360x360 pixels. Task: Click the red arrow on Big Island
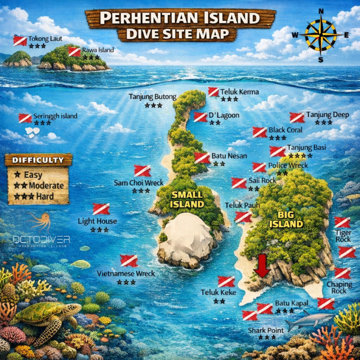click(262, 266)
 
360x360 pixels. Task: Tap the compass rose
click(321, 35)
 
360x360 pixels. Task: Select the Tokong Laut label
click(44, 38)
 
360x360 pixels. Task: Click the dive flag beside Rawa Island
click(74, 51)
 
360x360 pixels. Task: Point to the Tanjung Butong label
click(153, 97)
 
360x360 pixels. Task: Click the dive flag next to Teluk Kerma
click(213, 92)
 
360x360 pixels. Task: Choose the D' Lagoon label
click(224, 115)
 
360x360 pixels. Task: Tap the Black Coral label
click(285, 130)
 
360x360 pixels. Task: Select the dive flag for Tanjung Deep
click(297, 117)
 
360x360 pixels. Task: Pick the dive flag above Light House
click(100, 209)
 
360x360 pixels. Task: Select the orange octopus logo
click(41, 222)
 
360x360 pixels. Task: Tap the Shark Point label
click(266, 330)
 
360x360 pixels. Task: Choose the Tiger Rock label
click(343, 236)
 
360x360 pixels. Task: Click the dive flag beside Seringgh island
click(25, 118)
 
